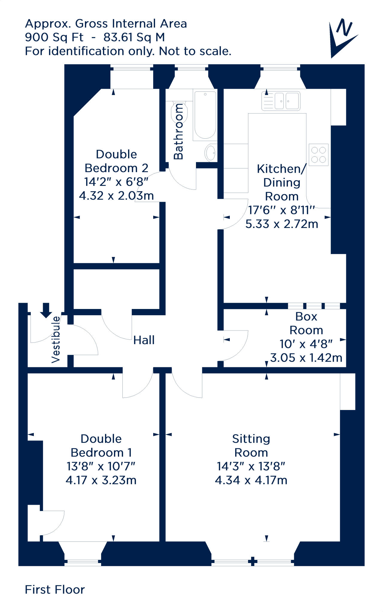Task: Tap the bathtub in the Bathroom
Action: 205,115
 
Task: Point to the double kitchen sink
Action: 281,101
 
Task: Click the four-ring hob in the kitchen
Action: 319,155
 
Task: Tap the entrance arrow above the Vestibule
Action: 46,310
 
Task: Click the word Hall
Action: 144,340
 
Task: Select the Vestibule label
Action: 56,339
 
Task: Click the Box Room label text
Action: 306,323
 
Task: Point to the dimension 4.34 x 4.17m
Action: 251,480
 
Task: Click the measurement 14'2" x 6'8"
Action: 116,182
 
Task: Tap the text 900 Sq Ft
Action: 54,37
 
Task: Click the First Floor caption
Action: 55,590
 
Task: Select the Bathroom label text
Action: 178,131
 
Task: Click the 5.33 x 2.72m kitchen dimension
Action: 282,224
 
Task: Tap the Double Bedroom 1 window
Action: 83,562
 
